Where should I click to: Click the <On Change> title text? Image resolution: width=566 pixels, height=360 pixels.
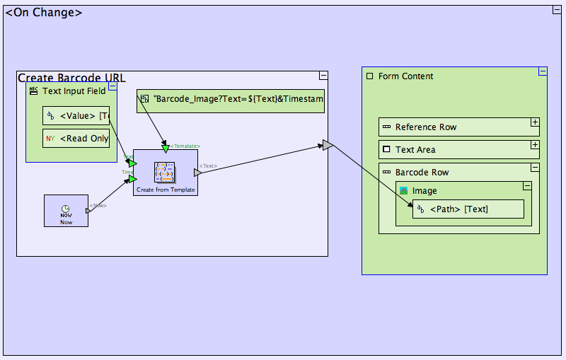(44, 13)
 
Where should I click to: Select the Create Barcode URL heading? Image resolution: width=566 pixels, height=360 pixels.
(71, 78)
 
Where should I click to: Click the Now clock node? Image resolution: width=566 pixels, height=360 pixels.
(66, 211)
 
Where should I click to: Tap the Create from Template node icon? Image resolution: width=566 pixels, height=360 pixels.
(165, 172)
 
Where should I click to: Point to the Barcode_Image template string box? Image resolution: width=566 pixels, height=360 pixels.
(231, 101)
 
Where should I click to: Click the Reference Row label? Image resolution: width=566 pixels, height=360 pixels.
(426, 127)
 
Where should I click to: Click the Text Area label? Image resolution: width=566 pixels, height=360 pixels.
(415, 150)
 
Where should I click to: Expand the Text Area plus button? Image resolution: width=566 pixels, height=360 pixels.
(535, 145)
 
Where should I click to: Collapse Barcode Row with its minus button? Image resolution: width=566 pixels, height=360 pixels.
(535, 168)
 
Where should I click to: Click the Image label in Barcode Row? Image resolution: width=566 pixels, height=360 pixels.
(424, 191)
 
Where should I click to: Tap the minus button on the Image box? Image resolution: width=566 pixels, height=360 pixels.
(527, 185)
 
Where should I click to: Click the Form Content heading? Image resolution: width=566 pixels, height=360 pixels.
(405, 76)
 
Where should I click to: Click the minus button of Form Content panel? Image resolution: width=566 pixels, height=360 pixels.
(543, 71)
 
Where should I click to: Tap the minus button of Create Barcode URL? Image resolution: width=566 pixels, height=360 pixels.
(323, 76)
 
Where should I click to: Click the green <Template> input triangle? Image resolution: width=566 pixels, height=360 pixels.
(166, 149)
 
